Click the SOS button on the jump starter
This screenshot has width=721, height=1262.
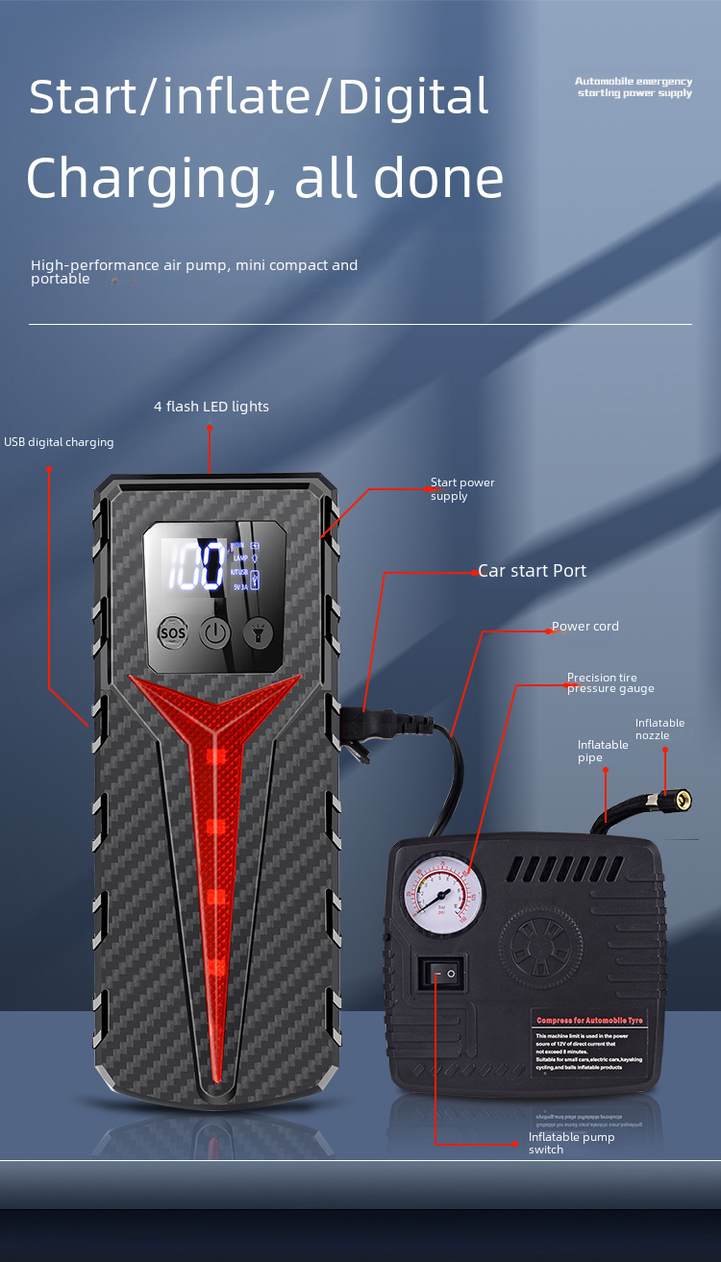pos(173,632)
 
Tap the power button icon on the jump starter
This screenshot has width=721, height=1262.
pos(215,632)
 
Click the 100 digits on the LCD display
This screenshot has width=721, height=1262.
pos(197,565)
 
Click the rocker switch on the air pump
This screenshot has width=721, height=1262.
pos(441,975)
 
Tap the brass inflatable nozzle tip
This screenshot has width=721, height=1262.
pos(680,799)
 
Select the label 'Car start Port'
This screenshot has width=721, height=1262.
pos(533,571)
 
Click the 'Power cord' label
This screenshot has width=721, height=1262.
pos(585,627)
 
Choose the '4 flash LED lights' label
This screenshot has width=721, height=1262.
pos(211,407)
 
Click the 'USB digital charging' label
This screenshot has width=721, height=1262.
pos(59,442)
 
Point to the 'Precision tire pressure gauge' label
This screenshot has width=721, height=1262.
pos(609,683)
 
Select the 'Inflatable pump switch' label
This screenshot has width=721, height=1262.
pos(571,1143)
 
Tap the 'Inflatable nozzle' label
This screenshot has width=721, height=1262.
pos(659,730)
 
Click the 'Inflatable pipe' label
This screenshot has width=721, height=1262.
pos(603,751)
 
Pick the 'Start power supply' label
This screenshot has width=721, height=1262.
pos(461,489)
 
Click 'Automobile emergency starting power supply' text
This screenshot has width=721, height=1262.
pos(634,87)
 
